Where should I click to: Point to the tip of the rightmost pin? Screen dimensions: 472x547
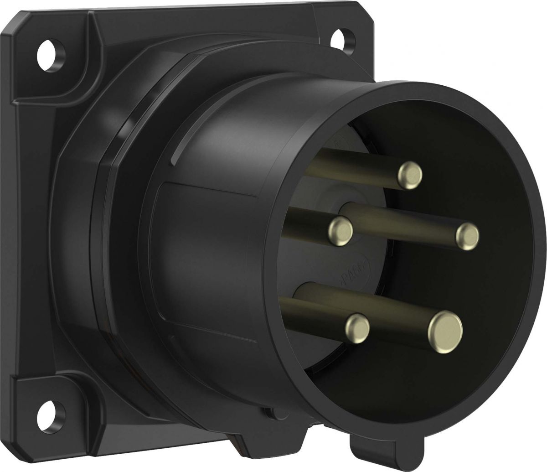point(467,235)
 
